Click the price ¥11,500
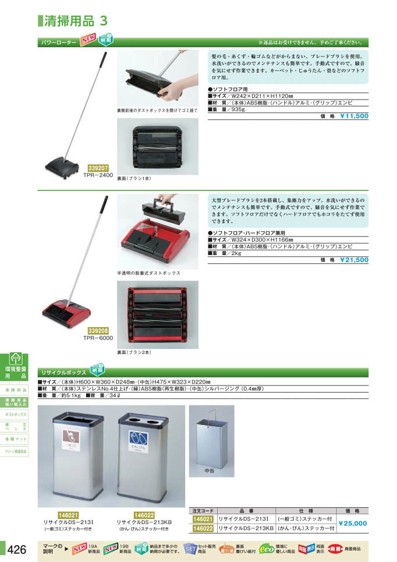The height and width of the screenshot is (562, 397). click(354, 116)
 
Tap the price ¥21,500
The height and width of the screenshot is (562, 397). click(354, 260)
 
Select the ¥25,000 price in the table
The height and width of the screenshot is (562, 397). click(353, 524)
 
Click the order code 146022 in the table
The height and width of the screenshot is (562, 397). click(203, 529)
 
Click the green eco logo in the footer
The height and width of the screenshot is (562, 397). click(267, 549)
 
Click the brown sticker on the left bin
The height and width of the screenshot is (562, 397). click(70, 436)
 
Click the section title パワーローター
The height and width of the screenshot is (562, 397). click(58, 43)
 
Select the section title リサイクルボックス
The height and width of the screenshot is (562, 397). click(62, 372)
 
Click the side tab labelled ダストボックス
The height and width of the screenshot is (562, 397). click(16, 414)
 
